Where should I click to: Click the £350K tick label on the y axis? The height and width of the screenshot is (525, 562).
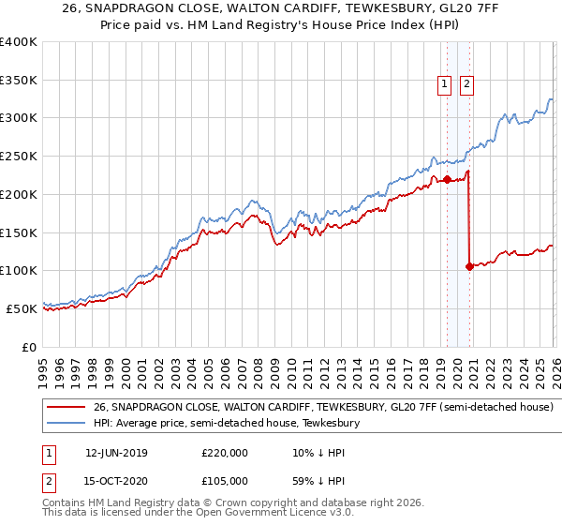[x=19, y=81]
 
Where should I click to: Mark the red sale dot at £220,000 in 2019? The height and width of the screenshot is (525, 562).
[x=447, y=179]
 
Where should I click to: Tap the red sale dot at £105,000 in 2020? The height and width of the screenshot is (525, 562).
[x=469, y=266]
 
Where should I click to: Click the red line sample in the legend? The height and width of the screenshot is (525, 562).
[x=66, y=408]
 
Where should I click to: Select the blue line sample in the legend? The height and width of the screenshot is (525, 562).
[x=66, y=424]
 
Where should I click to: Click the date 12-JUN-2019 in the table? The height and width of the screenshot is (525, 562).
[x=115, y=453]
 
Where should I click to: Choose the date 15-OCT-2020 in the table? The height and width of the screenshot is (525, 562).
[x=115, y=481]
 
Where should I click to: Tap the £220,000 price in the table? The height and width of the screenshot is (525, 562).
[x=225, y=453]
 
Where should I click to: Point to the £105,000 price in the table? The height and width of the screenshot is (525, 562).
[x=225, y=481]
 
